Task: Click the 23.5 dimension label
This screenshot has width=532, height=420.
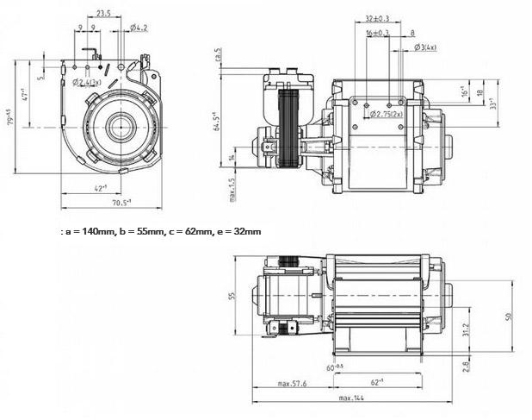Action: [x=103, y=14]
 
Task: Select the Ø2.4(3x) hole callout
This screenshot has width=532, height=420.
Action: [x=88, y=83]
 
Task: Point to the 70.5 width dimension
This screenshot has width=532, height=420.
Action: [x=121, y=203]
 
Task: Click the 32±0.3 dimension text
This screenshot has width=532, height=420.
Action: [x=376, y=18]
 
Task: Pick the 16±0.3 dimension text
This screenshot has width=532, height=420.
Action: [x=377, y=33]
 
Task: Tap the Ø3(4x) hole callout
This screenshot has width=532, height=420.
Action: [x=425, y=47]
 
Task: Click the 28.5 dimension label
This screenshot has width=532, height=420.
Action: [x=219, y=54]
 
